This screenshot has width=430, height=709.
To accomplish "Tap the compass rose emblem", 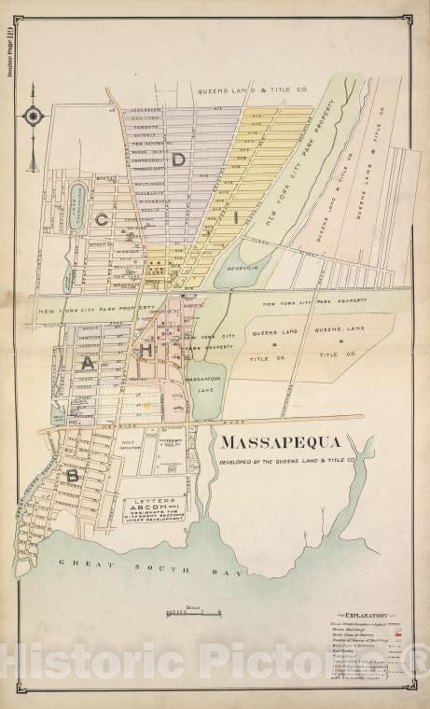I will click(x=34, y=117).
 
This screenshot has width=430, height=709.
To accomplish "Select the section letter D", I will click(x=177, y=160).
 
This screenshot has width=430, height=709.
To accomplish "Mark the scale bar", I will click(x=192, y=614).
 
